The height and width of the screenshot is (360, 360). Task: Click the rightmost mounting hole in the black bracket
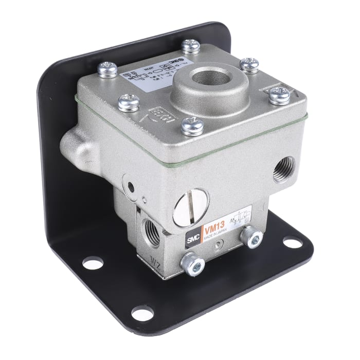click(292, 241)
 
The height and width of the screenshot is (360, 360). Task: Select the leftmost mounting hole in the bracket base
click(93, 262)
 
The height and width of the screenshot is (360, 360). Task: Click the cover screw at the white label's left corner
click(107, 69)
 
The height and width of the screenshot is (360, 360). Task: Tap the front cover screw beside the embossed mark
click(193, 125)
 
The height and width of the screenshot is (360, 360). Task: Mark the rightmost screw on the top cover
click(279, 95)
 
